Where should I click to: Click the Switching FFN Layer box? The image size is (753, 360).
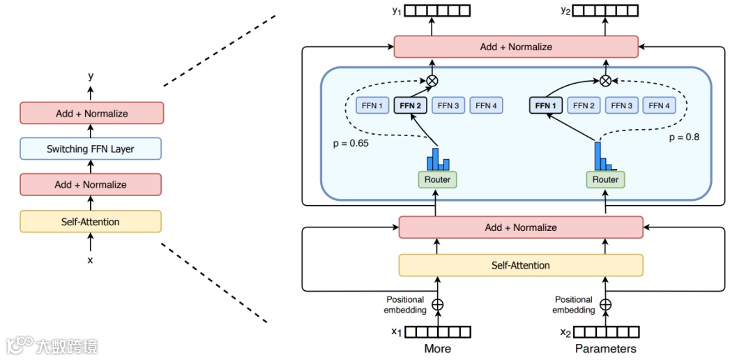coord(91,149)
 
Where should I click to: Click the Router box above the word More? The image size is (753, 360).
coord(437,179)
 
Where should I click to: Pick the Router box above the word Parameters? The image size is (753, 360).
coord(605,179)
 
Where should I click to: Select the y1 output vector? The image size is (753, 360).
coord(438,10)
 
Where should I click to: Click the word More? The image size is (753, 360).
coord(438,348)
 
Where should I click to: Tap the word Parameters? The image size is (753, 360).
coord(605,348)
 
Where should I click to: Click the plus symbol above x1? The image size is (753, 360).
coord(438,304)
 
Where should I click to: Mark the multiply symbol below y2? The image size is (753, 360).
coord(605,81)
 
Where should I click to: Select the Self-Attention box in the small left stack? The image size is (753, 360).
coord(91,222)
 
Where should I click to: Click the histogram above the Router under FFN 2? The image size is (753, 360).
coord(439,159)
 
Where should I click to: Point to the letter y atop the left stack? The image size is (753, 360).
coord(91,76)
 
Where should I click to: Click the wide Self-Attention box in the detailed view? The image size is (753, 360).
coord(520,265)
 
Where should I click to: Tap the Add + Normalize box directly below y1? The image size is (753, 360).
coord(516,47)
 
